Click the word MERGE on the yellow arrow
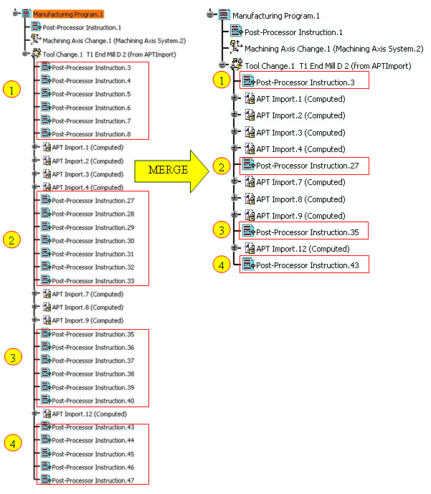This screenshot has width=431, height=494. pyautogui.click(x=168, y=170)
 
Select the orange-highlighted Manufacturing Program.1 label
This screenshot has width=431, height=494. pyautogui.click(x=68, y=14)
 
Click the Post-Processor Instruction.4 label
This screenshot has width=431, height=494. pyautogui.click(x=91, y=81)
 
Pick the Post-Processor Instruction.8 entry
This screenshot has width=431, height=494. pyautogui.click(x=91, y=134)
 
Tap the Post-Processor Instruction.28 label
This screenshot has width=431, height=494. pyautogui.click(x=93, y=214)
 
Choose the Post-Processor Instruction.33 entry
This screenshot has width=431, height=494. pyautogui.click(x=93, y=281)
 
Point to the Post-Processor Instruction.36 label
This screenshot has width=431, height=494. pyautogui.click(x=93, y=348)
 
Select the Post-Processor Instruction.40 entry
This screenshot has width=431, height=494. pyautogui.click(x=93, y=401)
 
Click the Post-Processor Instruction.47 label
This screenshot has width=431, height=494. pyautogui.click(x=93, y=480)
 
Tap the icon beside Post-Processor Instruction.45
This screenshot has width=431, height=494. pyautogui.click(x=46, y=453)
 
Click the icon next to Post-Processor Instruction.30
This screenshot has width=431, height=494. pyautogui.click(x=46, y=239)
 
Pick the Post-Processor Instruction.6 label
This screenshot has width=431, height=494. pyautogui.click(x=91, y=108)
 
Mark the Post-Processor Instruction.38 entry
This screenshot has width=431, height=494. pyautogui.click(x=93, y=374)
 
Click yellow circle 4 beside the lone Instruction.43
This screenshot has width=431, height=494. pyautogui.click(x=222, y=265)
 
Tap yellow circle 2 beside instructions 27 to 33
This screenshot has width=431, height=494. pyautogui.click(x=11, y=239)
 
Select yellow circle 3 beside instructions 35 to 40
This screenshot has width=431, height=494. pyautogui.click(x=13, y=356)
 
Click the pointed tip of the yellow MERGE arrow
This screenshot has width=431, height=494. pyautogui.click(x=209, y=171)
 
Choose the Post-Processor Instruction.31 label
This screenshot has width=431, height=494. pyautogui.click(x=93, y=254)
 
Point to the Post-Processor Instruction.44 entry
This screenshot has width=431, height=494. pyautogui.click(x=93, y=440)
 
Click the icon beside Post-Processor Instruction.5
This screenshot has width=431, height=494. pyautogui.click(x=46, y=93)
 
